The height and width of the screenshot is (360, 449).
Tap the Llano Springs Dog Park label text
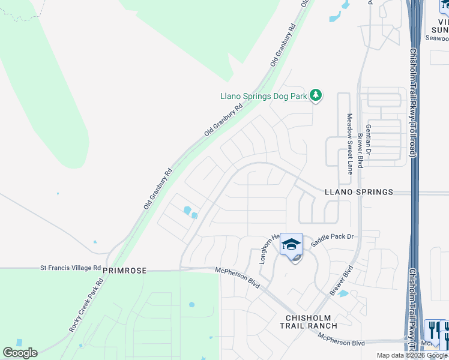(263, 95)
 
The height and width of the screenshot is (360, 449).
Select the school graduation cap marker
(291, 244)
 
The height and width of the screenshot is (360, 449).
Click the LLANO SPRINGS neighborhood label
(358, 192)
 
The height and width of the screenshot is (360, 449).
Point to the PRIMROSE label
(124, 271)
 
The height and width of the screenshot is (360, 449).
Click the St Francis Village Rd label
(70, 268)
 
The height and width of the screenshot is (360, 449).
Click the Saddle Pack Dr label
(331, 237)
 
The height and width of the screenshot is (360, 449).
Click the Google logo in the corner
(20, 352)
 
